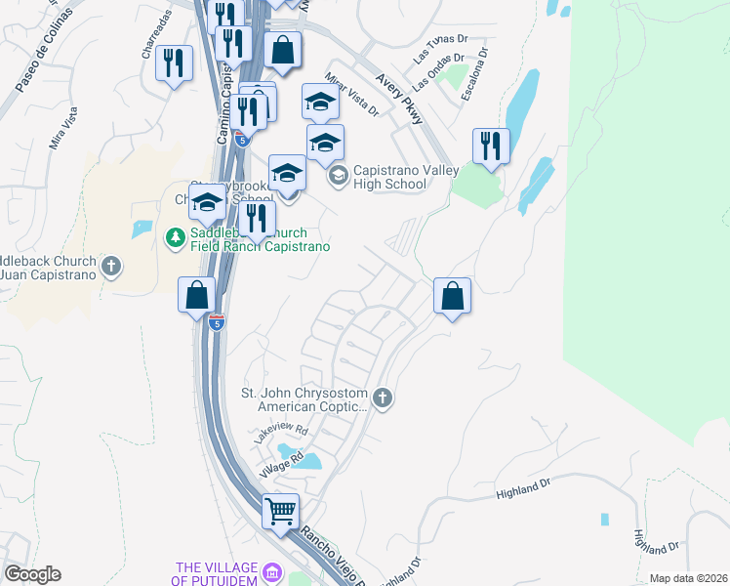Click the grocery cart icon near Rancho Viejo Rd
tap(281, 510)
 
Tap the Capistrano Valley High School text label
tap(392, 177)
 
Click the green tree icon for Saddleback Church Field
tap(176, 236)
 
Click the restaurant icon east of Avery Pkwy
tap(491, 147)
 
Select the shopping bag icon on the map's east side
tap(453, 296)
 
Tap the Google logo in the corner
tap(32, 574)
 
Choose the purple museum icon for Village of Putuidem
tap(272, 572)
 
